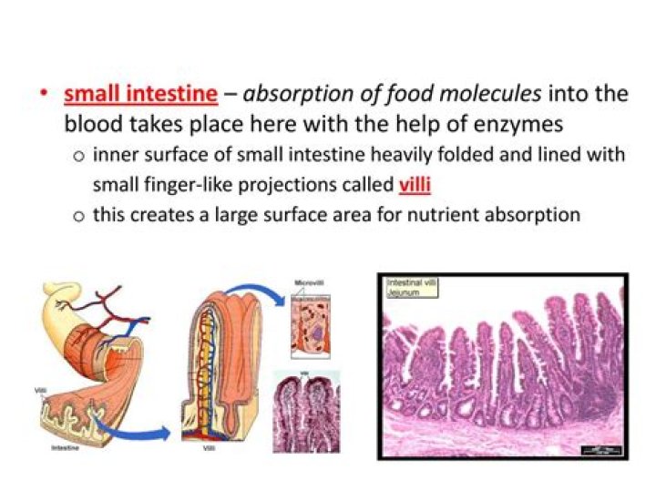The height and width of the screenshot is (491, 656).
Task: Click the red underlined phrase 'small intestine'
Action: pos(140,94)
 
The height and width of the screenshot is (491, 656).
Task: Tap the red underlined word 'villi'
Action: pos(415,185)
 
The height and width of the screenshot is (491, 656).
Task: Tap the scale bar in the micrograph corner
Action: pos(603,447)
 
